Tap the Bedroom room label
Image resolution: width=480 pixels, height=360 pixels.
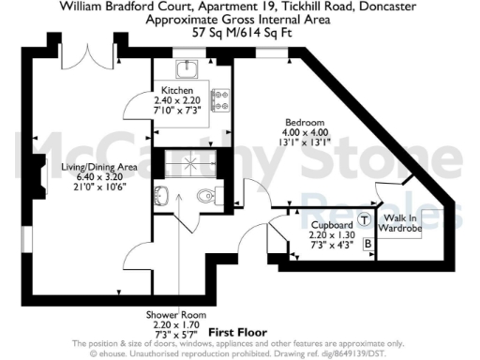(x=305, y=124)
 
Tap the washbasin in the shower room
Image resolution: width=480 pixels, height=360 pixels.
(x=160, y=196)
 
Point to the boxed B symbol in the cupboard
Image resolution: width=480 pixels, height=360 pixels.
(x=368, y=245)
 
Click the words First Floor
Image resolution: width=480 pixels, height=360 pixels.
(x=237, y=333)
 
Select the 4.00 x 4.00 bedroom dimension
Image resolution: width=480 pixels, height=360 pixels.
(x=305, y=133)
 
